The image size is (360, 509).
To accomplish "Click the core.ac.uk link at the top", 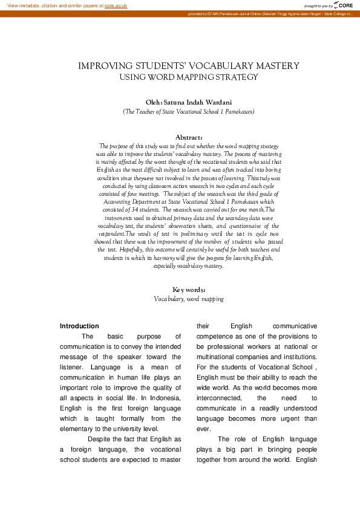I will point(116,5).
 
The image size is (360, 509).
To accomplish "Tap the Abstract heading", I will point(188,138).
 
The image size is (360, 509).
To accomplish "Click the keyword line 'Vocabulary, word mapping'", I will point(189,299).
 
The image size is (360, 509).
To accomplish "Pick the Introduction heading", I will point(79,326).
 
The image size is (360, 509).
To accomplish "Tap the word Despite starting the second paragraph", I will point(103,439).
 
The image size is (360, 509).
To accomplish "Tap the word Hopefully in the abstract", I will point(138,249).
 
